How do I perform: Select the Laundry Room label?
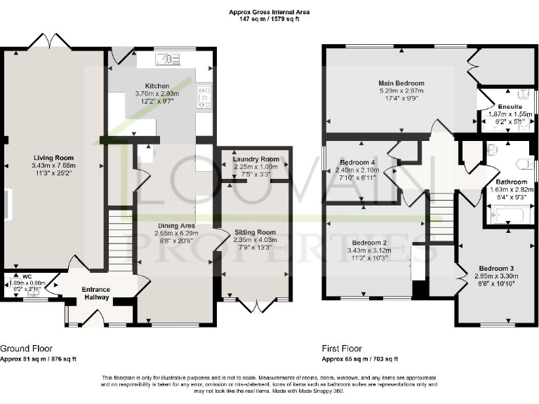pyautogui.click(x=255, y=159)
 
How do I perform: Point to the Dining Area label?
pyautogui.click(x=178, y=225)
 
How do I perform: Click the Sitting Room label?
pyautogui.click(x=255, y=232)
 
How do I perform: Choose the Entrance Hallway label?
pyautogui.click(x=95, y=293)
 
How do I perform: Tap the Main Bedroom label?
pyautogui.click(x=401, y=83)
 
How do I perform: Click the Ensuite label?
pyautogui.click(x=510, y=107)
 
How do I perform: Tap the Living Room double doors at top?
pyautogui.click(x=54, y=42)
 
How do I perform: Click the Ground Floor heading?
pyautogui.click(x=26, y=349)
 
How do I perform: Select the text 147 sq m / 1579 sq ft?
pyautogui.click(x=269, y=20)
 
